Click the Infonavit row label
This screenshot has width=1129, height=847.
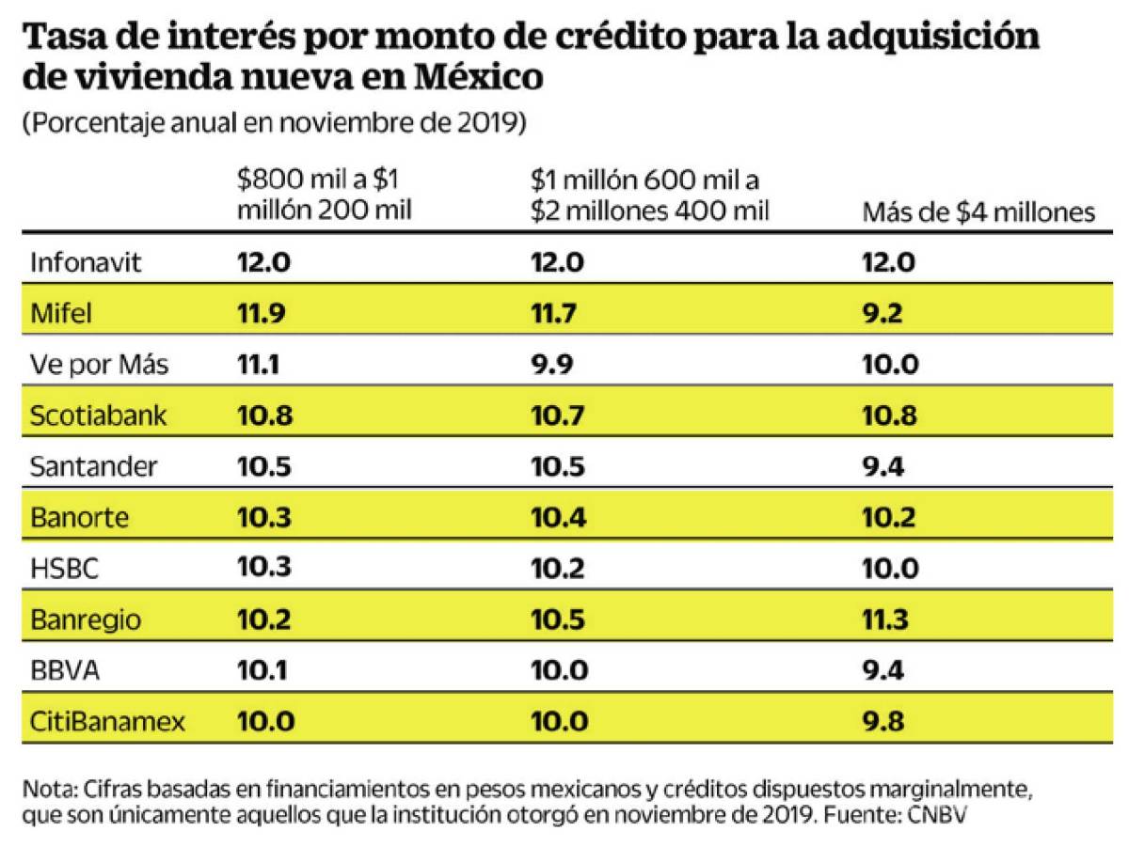tap(86, 262)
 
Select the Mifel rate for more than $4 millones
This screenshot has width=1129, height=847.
tap(883, 313)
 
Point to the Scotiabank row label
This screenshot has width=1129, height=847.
tap(99, 416)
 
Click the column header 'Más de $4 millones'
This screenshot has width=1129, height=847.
tap(978, 212)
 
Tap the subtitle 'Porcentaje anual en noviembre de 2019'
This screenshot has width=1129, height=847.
tap(273, 124)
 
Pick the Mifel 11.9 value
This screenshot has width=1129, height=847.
tap(261, 313)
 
